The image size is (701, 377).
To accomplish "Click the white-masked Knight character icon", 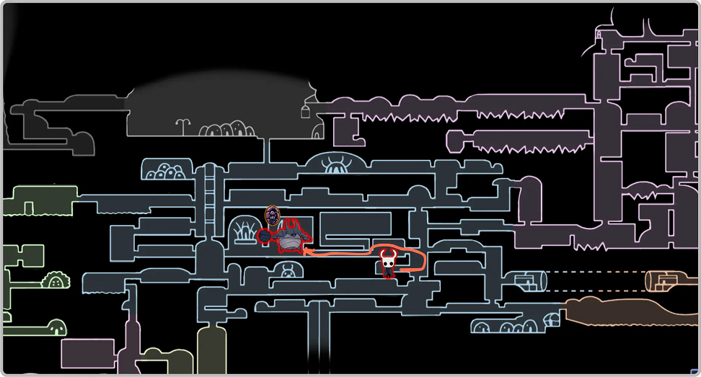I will (388, 263).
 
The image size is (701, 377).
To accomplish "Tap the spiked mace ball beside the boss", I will (265, 236).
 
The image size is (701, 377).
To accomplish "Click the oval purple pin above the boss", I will (272, 215).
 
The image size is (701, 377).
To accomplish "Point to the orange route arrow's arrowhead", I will (306, 252).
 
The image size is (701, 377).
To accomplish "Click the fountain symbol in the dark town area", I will (183, 126).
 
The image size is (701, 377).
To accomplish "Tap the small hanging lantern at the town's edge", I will (305, 110).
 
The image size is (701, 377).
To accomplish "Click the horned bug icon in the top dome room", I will (335, 164).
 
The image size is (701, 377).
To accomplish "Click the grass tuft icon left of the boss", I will (243, 233).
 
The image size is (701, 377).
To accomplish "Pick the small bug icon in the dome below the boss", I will (287, 272).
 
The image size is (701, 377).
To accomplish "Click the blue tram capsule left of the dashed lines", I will (529, 281).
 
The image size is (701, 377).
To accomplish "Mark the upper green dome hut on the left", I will (56, 281).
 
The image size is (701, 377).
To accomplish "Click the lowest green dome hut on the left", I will (56, 327).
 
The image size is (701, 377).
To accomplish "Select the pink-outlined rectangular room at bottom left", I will (87, 353).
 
